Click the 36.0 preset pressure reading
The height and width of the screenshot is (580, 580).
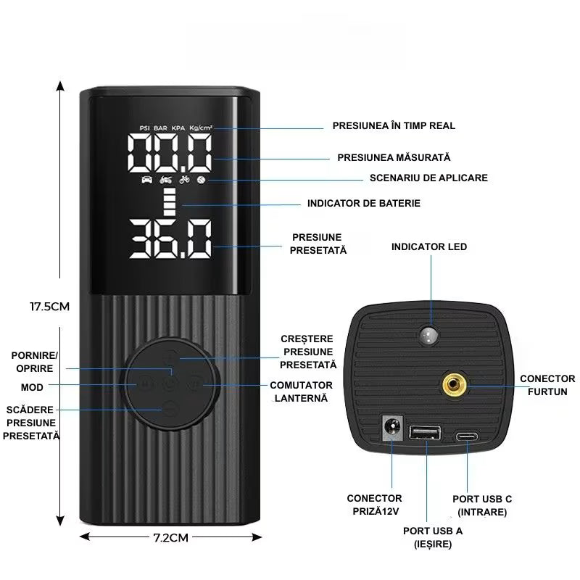coord(170,239)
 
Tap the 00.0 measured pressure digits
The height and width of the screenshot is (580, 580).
coord(170,153)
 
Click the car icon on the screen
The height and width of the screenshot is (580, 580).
coord(146,180)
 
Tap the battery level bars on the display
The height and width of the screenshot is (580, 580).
coord(170,203)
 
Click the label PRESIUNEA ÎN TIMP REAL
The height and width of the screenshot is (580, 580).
coord(394,125)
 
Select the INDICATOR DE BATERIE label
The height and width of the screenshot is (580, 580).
coord(363,203)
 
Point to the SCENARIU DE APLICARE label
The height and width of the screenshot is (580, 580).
coord(428,178)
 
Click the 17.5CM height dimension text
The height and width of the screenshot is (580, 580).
coord(49,306)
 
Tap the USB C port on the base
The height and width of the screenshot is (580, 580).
coord(468,436)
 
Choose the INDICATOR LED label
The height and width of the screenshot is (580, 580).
coord(429,246)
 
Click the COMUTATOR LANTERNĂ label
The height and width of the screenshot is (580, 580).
coord(301,391)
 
